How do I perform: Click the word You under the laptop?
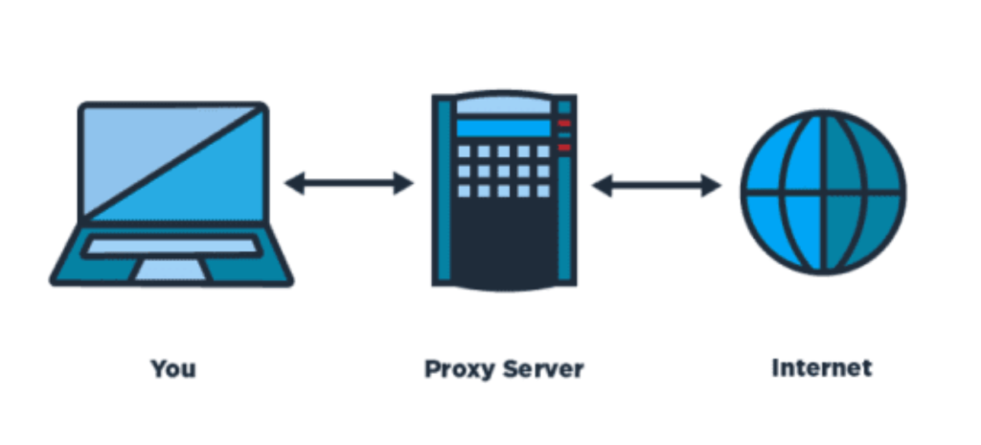click(x=173, y=368)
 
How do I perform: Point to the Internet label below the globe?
click(x=822, y=368)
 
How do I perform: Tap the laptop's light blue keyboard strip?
click(x=171, y=246)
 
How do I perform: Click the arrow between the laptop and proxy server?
click(x=349, y=183)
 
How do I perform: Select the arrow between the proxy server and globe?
click(x=656, y=185)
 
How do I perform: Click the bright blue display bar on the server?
click(x=504, y=128)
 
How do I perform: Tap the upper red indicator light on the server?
click(x=563, y=124)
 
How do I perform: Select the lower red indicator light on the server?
click(x=563, y=147)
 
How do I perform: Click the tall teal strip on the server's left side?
click(x=444, y=192)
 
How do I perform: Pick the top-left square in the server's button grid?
click(x=465, y=152)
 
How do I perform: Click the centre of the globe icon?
click(x=822, y=192)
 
